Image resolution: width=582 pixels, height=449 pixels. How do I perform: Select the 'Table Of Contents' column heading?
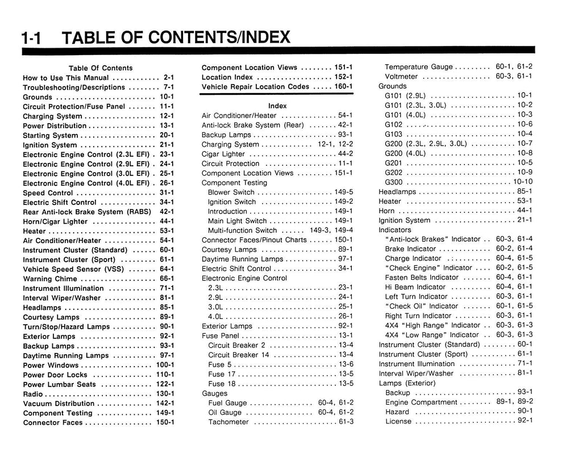[101, 68]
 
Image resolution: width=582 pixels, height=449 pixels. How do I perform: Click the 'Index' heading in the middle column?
[277, 106]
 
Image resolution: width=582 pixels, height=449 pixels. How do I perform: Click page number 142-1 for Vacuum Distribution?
[164, 404]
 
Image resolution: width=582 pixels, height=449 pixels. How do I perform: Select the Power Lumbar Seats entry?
[59, 384]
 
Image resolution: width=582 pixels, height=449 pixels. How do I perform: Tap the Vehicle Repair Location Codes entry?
[255, 87]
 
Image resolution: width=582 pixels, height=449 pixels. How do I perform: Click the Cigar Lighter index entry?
[223, 154]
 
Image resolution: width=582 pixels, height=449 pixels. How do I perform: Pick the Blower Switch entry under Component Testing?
[231, 192]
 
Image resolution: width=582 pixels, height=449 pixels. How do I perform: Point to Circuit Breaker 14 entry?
[239, 355]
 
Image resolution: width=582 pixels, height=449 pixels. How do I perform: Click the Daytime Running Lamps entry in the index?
[242, 259]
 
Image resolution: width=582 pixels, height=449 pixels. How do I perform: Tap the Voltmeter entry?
[401, 77]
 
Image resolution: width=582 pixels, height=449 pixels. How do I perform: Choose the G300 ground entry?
[394, 182]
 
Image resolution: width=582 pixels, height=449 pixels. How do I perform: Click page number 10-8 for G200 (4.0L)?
[525, 153]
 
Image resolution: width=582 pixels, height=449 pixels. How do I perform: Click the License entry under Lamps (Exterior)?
[398, 422]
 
